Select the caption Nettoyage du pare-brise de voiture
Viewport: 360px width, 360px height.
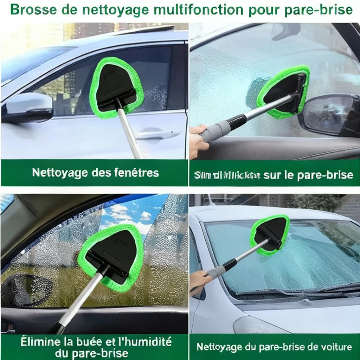274,347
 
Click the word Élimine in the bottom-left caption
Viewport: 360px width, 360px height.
33,341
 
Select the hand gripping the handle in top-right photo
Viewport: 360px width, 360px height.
198,141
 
